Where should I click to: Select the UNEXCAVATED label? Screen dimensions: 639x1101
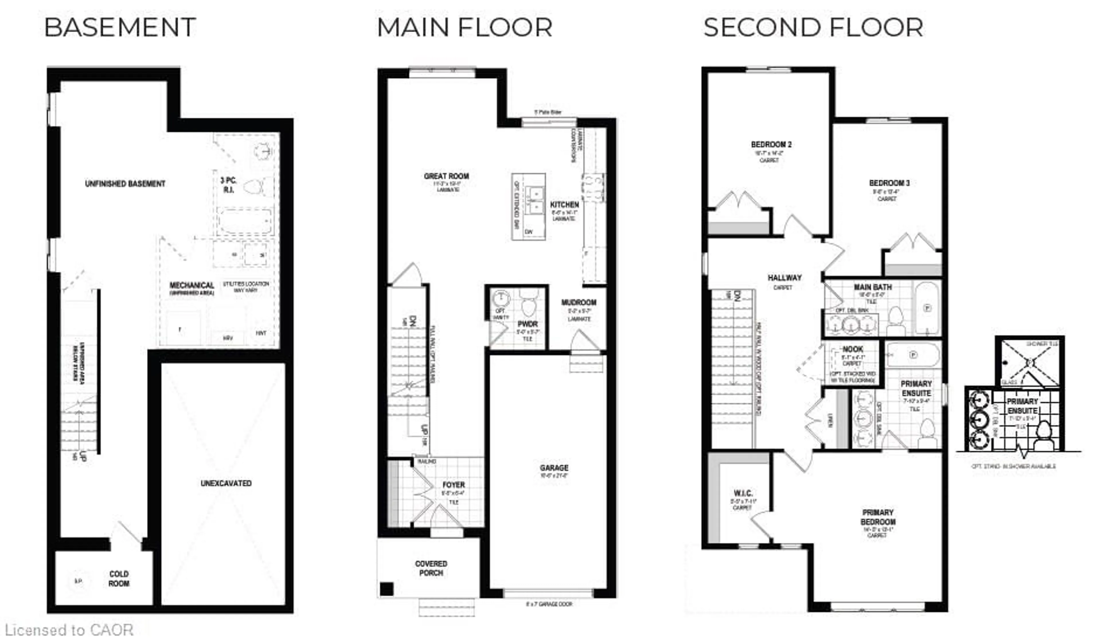pyautogui.click(x=226, y=483)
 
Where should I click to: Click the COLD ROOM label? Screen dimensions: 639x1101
pyautogui.click(x=119, y=578)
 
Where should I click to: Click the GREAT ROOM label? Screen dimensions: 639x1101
pyautogui.click(x=446, y=176)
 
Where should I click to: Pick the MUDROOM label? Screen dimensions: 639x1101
pyautogui.click(x=579, y=302)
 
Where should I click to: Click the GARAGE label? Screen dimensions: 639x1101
pyautogui.click(x=554, y=468)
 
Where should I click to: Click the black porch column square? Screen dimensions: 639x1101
pyautogui.click(x=386, y=589)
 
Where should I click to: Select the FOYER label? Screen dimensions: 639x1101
pyautogui.click(x=454, y=485)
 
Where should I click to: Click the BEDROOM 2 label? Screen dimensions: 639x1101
pyautogui.click(x=771, y=145)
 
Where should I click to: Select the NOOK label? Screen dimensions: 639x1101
pyautogui.click(x=852, y=349)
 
